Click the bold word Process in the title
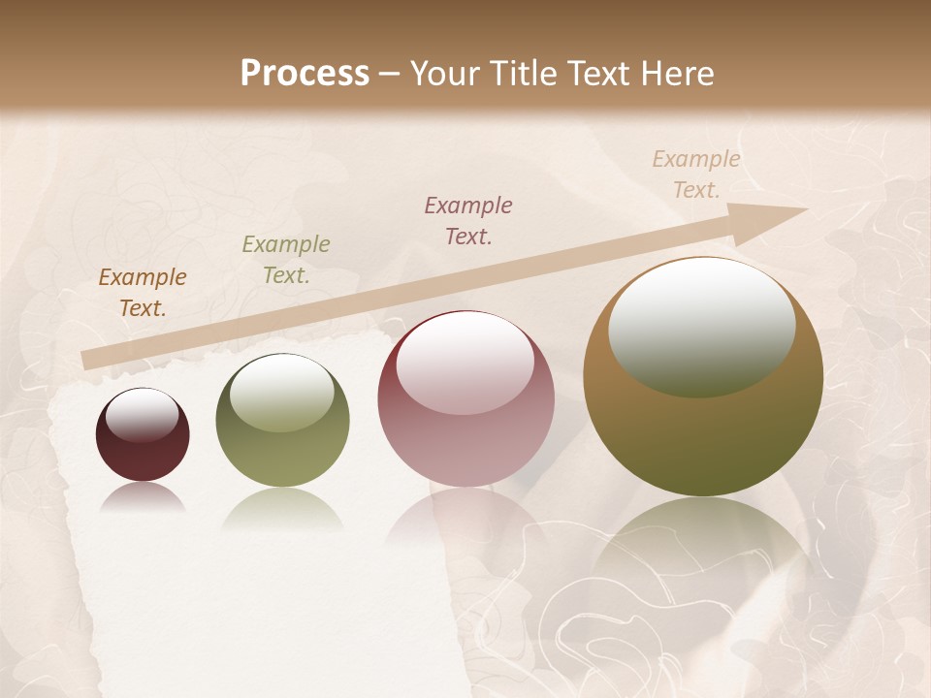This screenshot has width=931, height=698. pyautogui.click(x=305, y=73)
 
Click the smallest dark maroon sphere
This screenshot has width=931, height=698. pyautogui.click(x=143, y=434)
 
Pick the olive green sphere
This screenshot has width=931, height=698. pyautogui.click(x=282, y=420)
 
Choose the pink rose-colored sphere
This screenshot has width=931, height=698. pyautogui.click(x=466, y=398)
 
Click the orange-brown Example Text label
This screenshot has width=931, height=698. pyautogui.click(x=143, y=293)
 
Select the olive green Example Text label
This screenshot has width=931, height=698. pyautogui.click(x=286, y=260)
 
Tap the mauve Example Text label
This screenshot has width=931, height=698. pyautogui.click(x=468, y=220)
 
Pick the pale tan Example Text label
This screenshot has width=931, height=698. pyautogui.click(x=696, y=174)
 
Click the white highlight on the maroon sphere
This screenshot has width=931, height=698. pyautogui.click(x=142, y=415)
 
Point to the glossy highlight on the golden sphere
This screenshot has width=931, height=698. pyautogui.click(x=701, y=328)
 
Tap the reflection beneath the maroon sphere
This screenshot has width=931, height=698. pyautogui.click(x=143, y=497)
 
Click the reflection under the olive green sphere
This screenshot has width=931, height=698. pyautogui.click(x=282, y=508)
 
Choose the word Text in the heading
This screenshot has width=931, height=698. pyautogui.click(x=598, y=73)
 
